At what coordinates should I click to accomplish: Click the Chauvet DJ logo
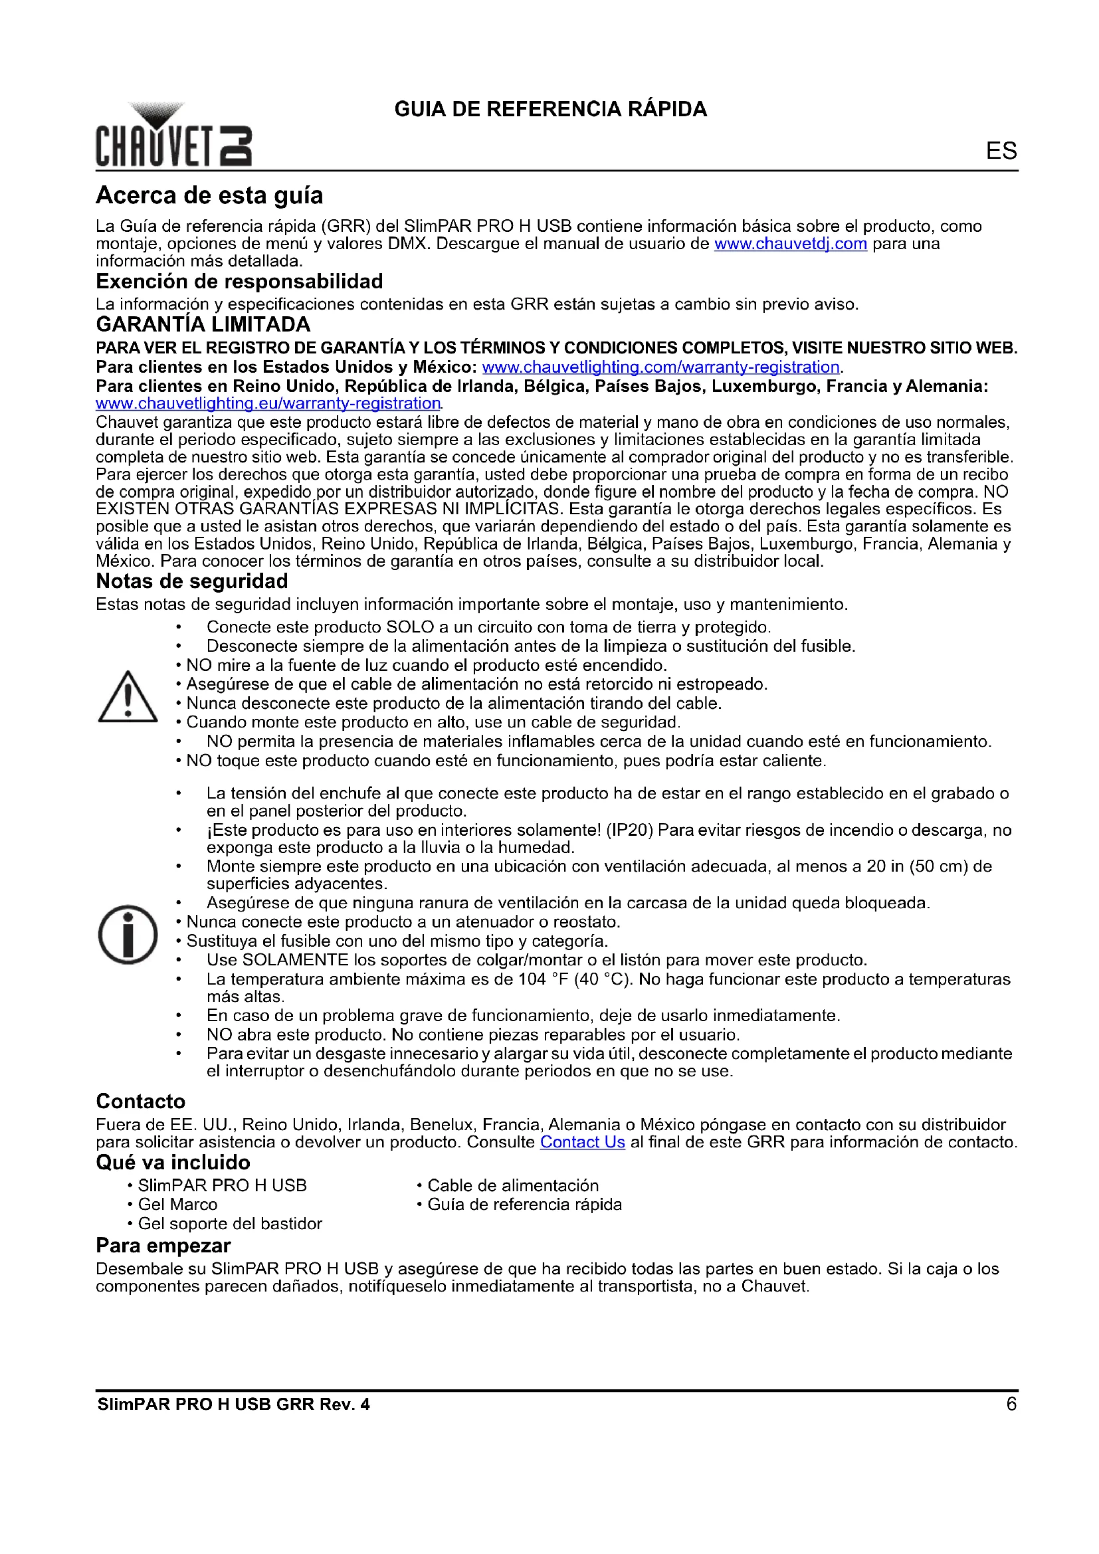pyautogui.click(x=173, y=136)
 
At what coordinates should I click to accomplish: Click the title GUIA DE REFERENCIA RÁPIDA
pyautogui.click(x=550, y=109)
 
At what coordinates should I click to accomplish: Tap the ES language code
pyautogui.click(x=1001, y=150)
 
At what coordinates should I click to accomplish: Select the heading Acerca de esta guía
pyautogui.click(x=209, y=195)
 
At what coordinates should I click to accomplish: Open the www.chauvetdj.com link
pyautogui.click(x=791, y=244)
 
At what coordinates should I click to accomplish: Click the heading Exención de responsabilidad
pyautogui.click(x=240, y=282)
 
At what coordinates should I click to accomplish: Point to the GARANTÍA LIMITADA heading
pyautogui.click(x=203, y=325)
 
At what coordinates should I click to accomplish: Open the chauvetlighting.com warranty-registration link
pyautogui.click(x=660, y=367)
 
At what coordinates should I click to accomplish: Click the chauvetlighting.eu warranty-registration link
pyautogui.click(x=268, y=403)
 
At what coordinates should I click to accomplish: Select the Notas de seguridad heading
pyautogui.click(x=191, y=581)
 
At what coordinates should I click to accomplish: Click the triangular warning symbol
pyautogui.click(x=128, y=697)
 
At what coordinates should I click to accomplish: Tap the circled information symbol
pyautogui.click(x=128, y=935)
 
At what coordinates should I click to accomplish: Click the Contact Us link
pyautogui.click(x=582, y=1143)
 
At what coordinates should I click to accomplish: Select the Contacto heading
pyautogui.click(x=141, y=1102)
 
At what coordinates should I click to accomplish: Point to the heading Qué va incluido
pyautogui.click(x=173, y=1163)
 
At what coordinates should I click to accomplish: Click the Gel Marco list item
pyautogui.click(x=177, y=1205)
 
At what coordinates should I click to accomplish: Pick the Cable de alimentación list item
pyautogui.click(x=512, y=1186)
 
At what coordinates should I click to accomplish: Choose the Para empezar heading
pyautogui.click(x=163, y=1246)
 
